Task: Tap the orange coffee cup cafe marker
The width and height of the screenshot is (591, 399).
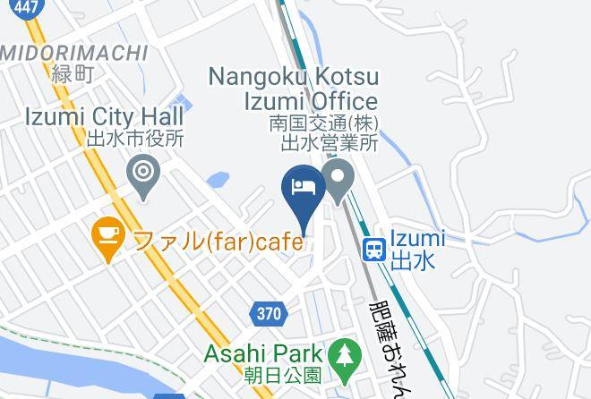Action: point(107,237)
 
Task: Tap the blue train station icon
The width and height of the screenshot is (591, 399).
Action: point(373,250)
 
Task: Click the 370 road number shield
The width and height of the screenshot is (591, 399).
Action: point(268,314)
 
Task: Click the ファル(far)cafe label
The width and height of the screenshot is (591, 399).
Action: point(218,240)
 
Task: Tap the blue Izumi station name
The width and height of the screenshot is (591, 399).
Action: point(418,239)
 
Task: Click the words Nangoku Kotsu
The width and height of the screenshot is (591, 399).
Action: point(293,77)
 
